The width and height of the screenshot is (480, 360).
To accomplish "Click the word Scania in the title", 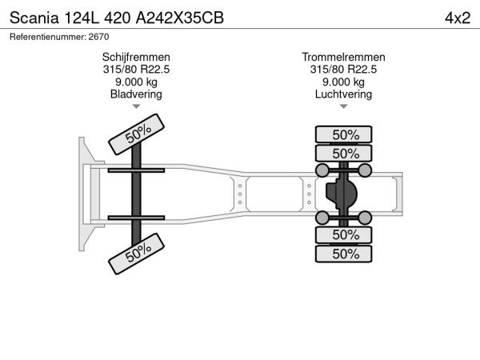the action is [34, 18].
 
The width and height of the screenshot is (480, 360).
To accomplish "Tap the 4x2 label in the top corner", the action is [458, 18].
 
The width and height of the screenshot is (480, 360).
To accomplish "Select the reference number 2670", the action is [98, 37].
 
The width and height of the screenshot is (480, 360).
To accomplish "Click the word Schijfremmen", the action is [136, 58].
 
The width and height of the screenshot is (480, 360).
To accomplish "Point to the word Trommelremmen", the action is [343, 58].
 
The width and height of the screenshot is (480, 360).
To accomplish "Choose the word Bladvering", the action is [136, 94].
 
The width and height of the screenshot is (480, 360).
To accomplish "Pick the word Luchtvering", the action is [343, 94].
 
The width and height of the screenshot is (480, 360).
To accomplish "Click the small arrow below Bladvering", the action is [136, 106].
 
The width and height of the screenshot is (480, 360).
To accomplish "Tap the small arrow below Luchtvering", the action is [343, 106].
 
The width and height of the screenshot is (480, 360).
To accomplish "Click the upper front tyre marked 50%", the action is [137, 134].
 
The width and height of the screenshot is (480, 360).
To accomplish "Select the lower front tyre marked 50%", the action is [137, 254].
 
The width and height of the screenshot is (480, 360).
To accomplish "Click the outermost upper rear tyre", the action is [344, 134].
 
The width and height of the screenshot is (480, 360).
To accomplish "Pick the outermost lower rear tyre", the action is [344, 254].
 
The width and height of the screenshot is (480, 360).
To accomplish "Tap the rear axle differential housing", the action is [342, 194].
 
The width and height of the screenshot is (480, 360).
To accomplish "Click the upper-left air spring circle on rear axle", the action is [322, 170].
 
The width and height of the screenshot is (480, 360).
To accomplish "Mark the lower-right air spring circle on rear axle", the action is [365, 218].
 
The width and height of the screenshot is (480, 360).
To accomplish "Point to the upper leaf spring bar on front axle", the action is [136, 170].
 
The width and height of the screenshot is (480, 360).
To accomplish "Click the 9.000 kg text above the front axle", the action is [136, 82].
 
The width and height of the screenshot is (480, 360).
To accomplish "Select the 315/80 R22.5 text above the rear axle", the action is [343, 70].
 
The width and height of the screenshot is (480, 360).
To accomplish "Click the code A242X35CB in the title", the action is [180, 18].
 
